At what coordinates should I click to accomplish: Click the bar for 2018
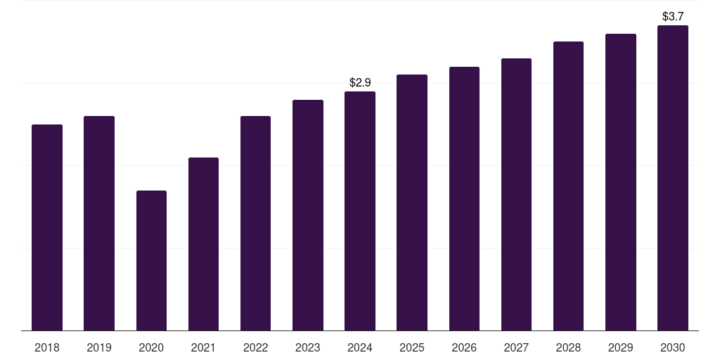[x=47, y=227]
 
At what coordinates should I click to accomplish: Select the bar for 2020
[x=151, y=260]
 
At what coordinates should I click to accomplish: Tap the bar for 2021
[x=203, y=244]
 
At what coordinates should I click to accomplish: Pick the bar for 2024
[x=360, y=211]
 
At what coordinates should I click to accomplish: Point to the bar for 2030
[x=672, y=178]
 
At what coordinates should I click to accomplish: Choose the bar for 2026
[x=464, y=198]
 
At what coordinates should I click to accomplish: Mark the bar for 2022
[x=255, y=223]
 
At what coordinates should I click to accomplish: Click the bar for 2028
[x=568, y=186]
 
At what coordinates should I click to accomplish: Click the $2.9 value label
[x=360, y=83]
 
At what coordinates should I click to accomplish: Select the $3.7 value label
[x=673, y=16]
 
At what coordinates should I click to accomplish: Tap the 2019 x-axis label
[x=99, y=347]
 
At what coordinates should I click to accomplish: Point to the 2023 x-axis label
[x=308, y=347]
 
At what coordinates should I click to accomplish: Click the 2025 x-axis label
[x=412, y=347]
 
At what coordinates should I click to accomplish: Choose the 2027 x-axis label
[x=516, y=347]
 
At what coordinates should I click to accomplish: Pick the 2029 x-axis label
[x=620, y=347]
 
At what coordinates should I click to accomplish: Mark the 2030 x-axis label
[x=672, y=347]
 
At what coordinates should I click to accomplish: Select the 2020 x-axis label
[x=151, y=347]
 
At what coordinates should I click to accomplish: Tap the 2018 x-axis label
[x=47, y=347]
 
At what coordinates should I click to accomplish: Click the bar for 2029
[x=620, y=182]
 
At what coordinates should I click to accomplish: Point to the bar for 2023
[x=308, y=215]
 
